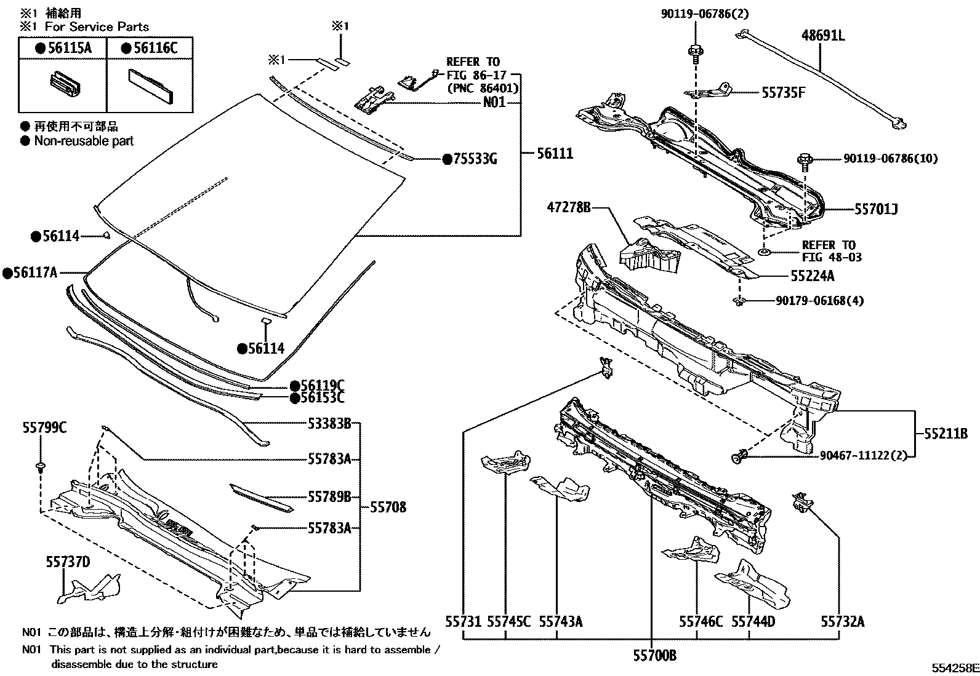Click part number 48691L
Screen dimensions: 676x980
[822, 36]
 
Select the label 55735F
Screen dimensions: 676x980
[784, 92]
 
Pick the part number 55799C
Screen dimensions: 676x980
[45, 427]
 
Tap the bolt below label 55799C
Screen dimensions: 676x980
[41, 466]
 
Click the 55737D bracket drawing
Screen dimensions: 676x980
[89, 589]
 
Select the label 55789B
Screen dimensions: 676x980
[329, 496]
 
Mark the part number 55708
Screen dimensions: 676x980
[388, 507]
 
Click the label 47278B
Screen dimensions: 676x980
[568, 208]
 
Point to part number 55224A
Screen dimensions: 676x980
[813, 276]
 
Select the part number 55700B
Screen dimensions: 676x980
[654, 656]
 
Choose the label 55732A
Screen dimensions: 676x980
[841, 621]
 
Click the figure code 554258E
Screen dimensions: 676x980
[954, 668]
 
